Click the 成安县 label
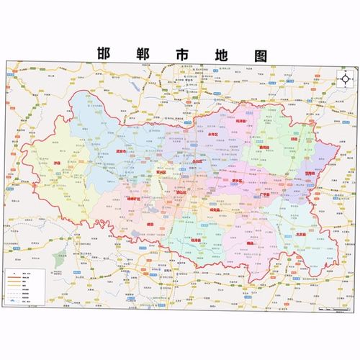tap(214, 209)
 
